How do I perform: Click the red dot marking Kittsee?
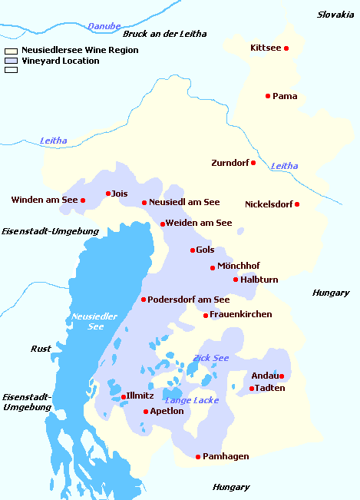(286, 48)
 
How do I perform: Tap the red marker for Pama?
(268, 96)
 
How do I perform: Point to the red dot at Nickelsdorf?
(297, 204)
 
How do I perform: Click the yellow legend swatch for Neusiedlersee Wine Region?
(11, 51)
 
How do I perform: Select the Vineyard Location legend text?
(61, 61)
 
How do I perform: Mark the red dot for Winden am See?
(83, 200)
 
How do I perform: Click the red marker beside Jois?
(108, 194)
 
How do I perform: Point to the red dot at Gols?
(193, 250)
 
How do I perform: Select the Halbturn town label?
(259, 280)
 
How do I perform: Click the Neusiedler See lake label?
(94, 321)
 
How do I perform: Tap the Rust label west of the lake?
(41, 349)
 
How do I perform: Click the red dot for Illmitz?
(124, 397)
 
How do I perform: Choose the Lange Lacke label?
(192, 400)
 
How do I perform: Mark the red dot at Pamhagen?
(198, 457)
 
